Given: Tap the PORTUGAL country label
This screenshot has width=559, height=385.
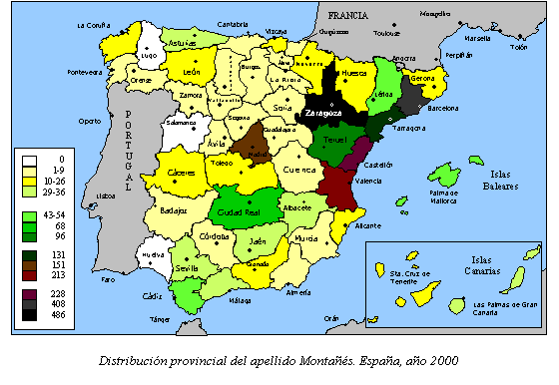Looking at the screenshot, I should [x=129, y=150].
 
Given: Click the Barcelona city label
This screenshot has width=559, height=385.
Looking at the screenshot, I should [x=444, y=109].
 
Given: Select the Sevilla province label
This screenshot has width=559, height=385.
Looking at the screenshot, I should [x=186, y=267].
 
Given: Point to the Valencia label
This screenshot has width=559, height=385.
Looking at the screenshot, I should [x=368, y=181].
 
